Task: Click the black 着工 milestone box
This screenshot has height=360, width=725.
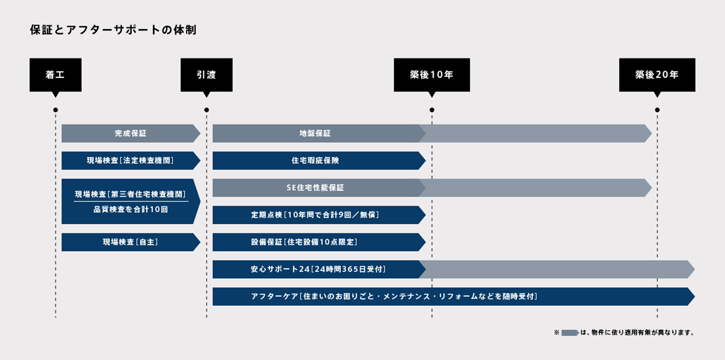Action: click(56, 75)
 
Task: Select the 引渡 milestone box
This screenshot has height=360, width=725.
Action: click(207, 75)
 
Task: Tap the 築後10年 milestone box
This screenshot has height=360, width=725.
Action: click(432, 75)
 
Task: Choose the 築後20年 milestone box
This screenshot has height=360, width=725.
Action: click(657, 75)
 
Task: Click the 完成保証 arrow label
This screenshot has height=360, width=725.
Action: click(130, 133)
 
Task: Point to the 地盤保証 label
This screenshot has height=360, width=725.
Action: click(315, 133)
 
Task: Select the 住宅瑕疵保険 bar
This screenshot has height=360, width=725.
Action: click(319, 161)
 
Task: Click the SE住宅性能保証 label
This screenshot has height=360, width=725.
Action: click(315, 188)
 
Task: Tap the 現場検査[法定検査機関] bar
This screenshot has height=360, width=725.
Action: click(131, 161)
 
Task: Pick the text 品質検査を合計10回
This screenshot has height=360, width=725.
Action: click(130, 209)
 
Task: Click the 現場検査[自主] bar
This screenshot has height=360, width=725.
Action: click(131, 242)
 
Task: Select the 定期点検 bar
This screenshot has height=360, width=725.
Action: click(319, 215)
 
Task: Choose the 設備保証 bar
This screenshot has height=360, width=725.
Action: click(319, 242)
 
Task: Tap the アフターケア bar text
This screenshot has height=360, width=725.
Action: click(394, 297)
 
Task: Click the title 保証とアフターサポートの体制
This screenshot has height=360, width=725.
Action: click(113, 30)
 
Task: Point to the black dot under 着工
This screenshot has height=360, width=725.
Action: click(56, 110)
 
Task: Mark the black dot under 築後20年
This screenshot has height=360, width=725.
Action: click(657, 110)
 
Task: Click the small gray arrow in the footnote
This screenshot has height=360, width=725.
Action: click(570, 333)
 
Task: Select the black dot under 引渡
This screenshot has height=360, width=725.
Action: click(207, 110)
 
